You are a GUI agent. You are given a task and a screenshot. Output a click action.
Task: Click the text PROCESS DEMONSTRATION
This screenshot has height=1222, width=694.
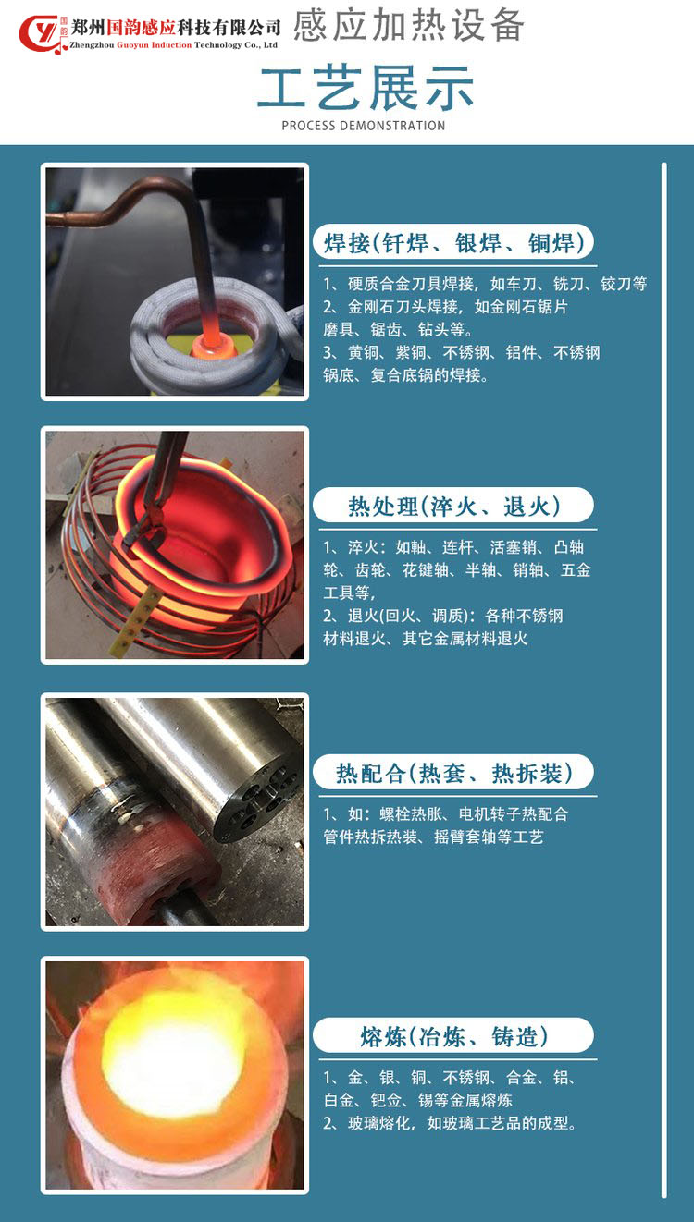tap(363, 126)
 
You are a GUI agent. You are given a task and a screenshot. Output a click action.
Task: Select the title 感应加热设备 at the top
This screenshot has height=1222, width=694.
tap(408, 25)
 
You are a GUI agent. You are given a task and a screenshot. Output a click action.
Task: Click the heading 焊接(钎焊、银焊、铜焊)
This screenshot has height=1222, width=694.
tap(453, 242)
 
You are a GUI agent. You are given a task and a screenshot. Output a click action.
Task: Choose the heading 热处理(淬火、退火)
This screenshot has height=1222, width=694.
tap(453, 506)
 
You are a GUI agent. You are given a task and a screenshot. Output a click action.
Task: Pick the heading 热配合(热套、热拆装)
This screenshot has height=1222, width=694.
tap(453, 773)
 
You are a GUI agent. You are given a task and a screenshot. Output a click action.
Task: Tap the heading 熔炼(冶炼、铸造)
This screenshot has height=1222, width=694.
tap(453, 1036)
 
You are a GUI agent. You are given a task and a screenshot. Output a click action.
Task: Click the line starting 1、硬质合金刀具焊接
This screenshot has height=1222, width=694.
tap(485, 284)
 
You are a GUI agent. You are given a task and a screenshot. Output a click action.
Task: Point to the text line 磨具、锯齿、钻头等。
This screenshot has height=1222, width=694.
tap(398, 329)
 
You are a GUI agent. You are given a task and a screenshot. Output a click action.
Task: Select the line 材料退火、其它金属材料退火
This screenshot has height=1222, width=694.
tap(426, 639)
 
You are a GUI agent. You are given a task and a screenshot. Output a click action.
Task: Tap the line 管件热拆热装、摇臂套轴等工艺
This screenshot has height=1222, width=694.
tap(434, 837)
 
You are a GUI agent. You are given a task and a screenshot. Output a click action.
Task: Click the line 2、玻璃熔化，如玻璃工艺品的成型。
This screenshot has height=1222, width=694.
tap(450, 1123)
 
